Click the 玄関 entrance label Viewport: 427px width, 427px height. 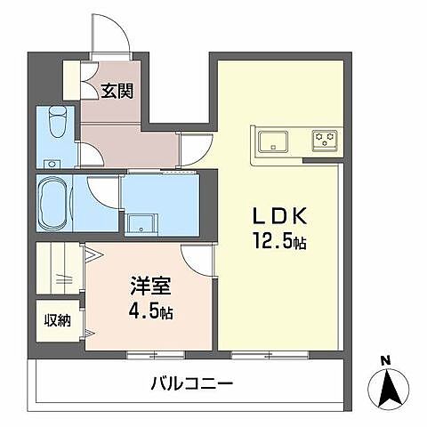(117, 90)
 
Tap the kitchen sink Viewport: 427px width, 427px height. (272, 141)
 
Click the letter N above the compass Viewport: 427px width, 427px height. (384, 359)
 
